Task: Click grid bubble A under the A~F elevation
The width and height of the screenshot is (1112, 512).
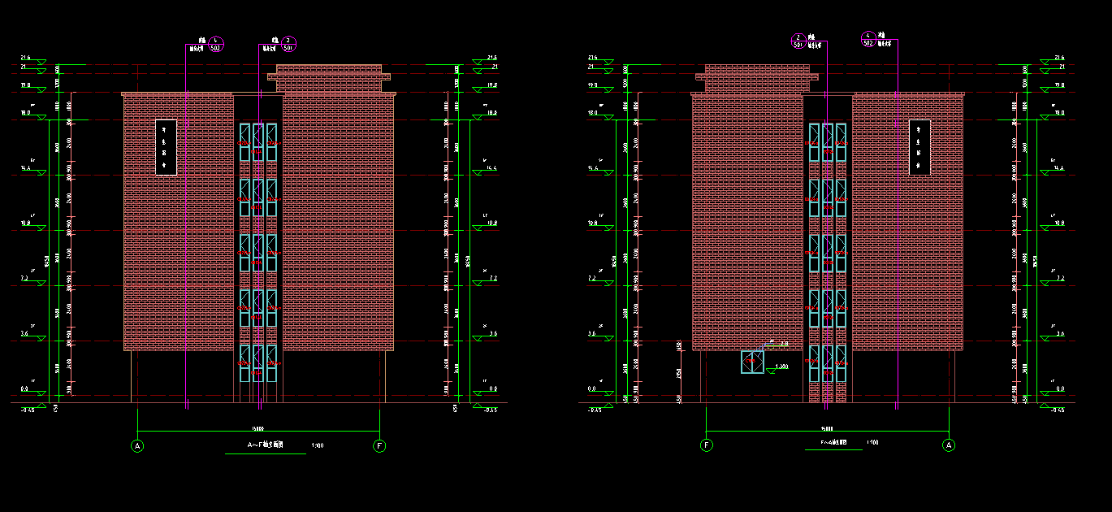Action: [137, 445]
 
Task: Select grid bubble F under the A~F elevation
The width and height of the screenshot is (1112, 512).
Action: [379, 445]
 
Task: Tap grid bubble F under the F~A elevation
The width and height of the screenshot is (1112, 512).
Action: [707, 445]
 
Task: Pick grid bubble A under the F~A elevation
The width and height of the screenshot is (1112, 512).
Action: [949, 445]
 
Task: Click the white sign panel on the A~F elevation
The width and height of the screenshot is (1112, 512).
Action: [166, 147]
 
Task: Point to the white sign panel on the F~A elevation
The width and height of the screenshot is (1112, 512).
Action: [919, 147]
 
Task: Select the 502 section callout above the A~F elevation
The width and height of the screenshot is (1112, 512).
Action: [215, 45]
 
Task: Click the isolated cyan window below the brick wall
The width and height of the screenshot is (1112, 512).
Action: [752, 362]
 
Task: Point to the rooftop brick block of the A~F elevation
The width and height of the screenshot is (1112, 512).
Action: [329, 78]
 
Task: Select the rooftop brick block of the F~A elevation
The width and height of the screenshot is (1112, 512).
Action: [757, 78]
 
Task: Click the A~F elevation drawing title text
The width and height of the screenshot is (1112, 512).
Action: [266, 445]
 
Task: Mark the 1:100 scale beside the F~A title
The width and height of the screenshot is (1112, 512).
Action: [872, 443]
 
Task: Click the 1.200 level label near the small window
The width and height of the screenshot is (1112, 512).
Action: [782, 367]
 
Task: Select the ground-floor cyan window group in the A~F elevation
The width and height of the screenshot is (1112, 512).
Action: [258, 362]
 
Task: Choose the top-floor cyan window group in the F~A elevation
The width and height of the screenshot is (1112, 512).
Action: [828, 141]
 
